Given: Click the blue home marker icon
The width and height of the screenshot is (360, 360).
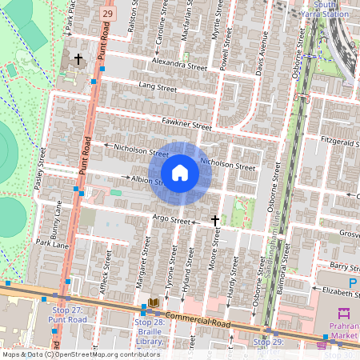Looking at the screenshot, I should click(x=180, y=173).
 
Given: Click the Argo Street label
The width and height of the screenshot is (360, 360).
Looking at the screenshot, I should click(x=171, y=220).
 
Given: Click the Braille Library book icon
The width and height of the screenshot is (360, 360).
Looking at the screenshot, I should click(x=153, y=303).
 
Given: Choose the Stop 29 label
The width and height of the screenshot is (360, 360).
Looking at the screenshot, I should click(x=268, y=342).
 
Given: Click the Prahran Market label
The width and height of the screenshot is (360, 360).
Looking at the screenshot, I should click(x=343, y=330).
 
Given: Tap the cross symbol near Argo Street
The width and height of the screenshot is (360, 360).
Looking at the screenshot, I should click(x=214, y=219).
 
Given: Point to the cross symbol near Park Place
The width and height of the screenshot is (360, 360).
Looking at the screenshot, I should click(x=78, y=58).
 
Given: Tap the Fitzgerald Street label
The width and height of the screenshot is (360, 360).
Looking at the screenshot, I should click(x=339, y=141).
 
